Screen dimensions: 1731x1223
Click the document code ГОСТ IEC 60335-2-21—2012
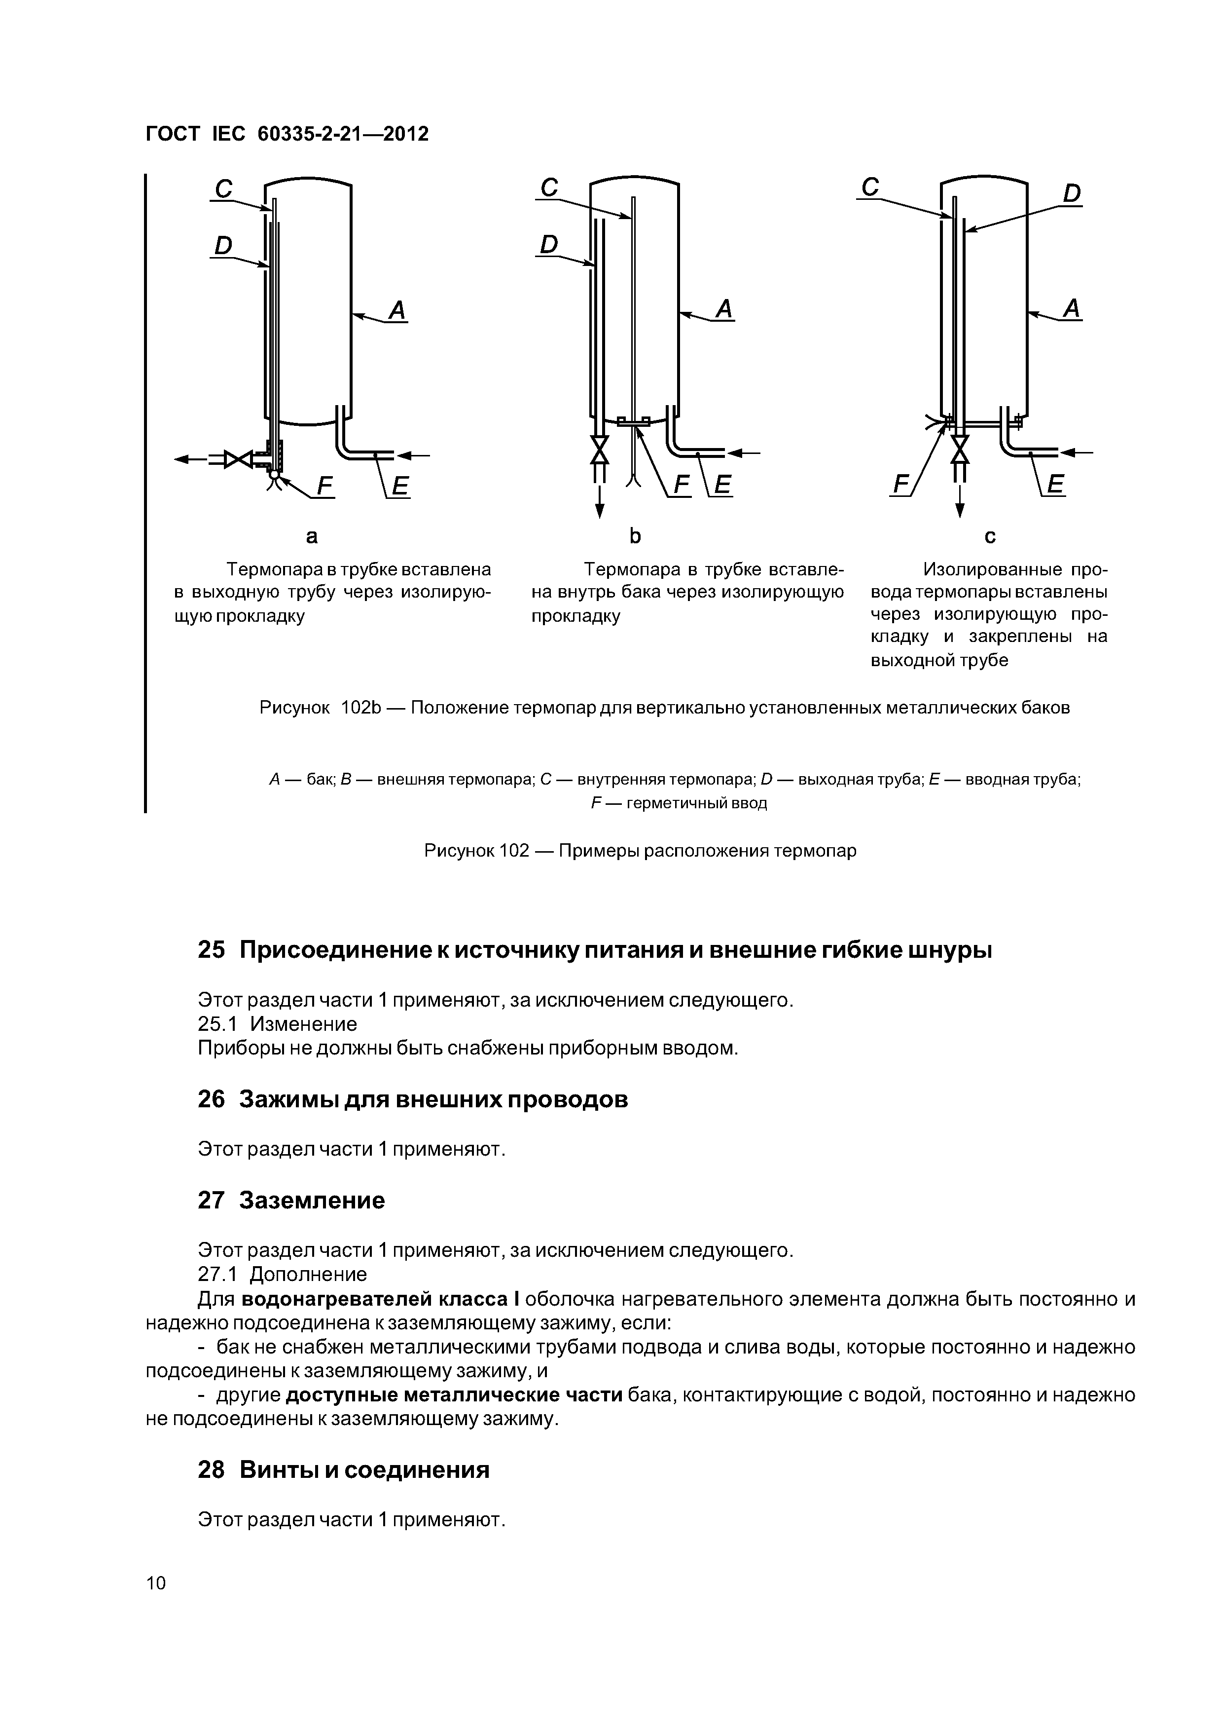point(287,134)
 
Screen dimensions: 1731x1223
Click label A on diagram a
point(397,310)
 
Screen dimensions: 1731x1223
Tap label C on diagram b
point(549,187)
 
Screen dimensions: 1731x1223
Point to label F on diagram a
point(325,487)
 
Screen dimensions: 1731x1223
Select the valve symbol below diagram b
point(599,451)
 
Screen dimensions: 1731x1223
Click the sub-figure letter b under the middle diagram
point(635,536)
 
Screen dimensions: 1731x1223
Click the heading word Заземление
point(312,1200)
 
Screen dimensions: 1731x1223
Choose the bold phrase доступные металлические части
point(454,1395)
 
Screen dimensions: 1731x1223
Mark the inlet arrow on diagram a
point(414,454)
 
